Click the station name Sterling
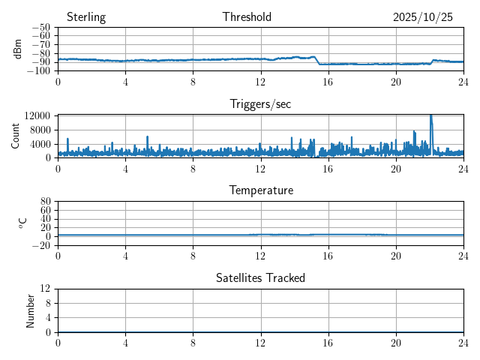(86, 17)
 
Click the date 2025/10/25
(423, 17)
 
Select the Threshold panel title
(247, 17)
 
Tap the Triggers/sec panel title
(260, 104)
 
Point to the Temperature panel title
(260, 190)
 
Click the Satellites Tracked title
(260, 277)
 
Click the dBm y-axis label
(18, 49)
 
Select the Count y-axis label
(16, 136)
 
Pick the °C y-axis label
(22, 223)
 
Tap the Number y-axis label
(31, 310)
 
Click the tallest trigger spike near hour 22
(430, 116)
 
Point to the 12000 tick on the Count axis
(37, 115)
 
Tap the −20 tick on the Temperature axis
(40, 245)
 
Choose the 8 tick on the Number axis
(47, 303)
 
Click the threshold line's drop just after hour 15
(316, 61)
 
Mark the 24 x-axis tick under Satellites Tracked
(463, 342)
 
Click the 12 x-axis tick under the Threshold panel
(260, 81)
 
